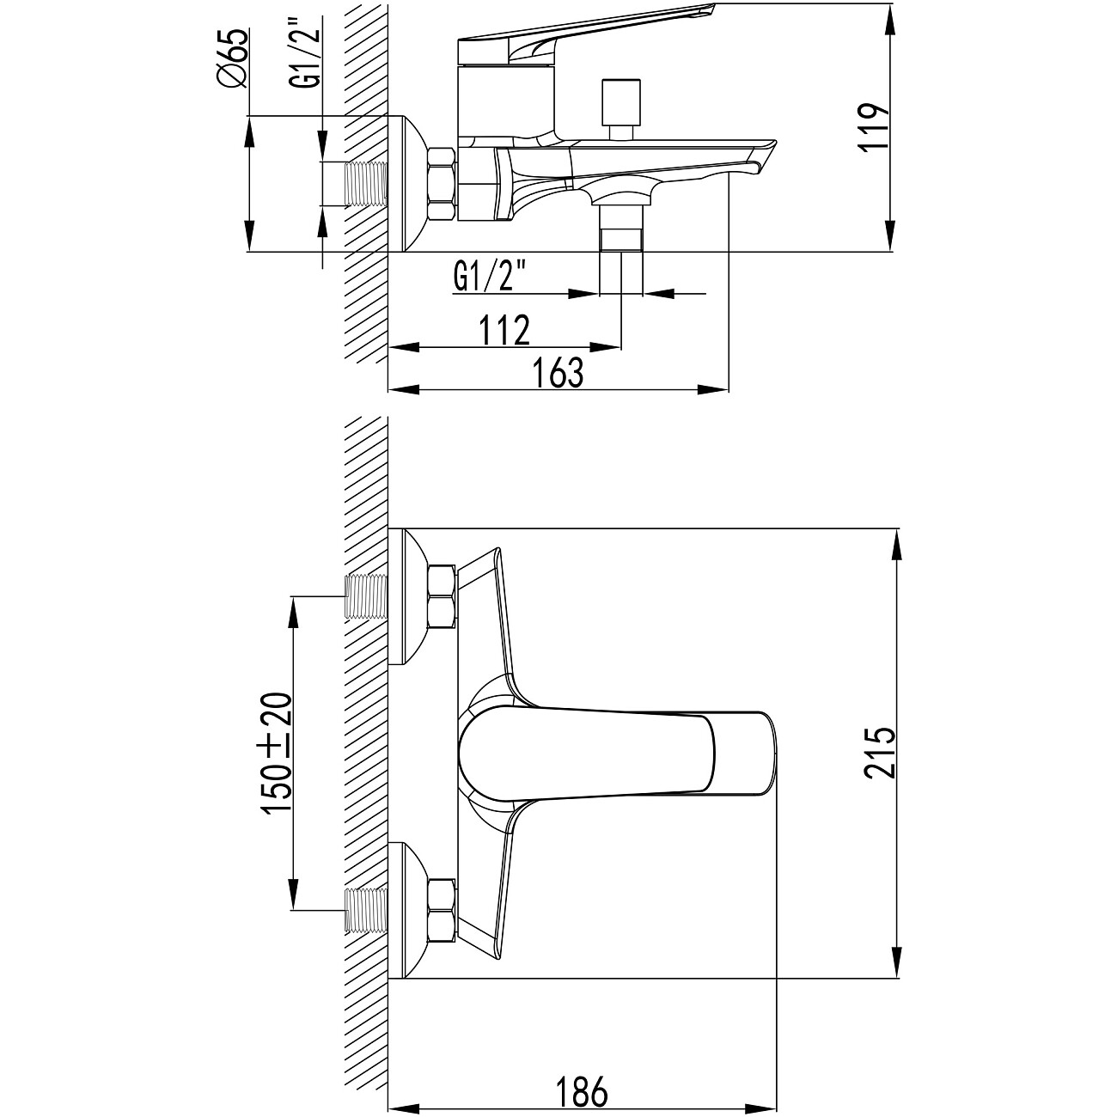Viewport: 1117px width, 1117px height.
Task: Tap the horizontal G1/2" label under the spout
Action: pos(490,278)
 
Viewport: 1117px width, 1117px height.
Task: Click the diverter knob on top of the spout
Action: pos(621,109)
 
